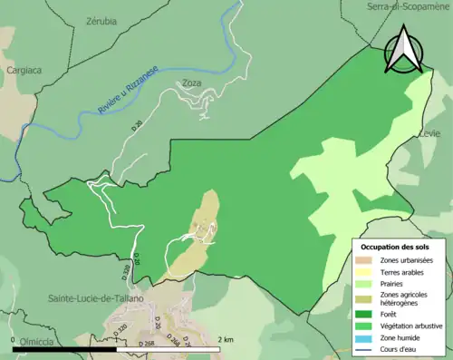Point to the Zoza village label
191,83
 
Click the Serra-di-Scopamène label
409,6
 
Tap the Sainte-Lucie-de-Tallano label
89,297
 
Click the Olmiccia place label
33,341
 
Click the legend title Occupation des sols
395,247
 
